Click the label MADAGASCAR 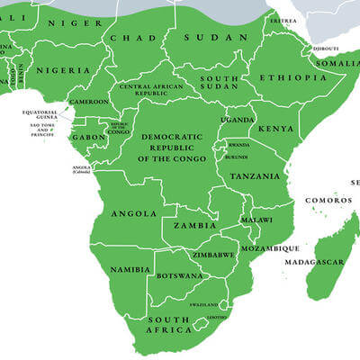coord(315,262)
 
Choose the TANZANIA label coord(255,176)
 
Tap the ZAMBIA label coord(195,225)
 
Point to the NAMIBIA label coord(130,269)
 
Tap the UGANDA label coord(238,120)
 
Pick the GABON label coord(88,137)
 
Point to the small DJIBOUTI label coord(326,49)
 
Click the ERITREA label coord(283,20)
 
